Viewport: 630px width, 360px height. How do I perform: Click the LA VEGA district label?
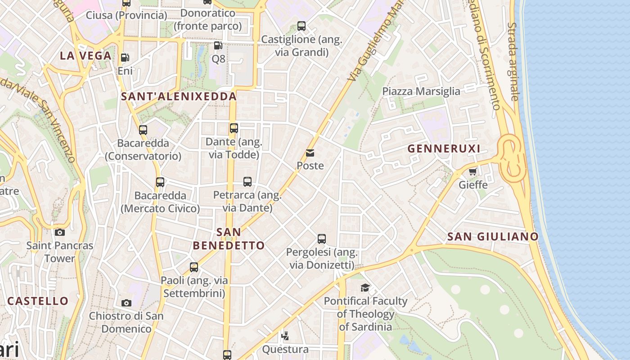click(x=85, y=56)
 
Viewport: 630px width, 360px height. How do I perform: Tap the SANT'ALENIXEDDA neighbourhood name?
click(x=179, y=96)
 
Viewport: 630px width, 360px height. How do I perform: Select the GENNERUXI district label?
click(x=444, y=148)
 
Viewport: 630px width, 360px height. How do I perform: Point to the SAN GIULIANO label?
click(x=493, y=237)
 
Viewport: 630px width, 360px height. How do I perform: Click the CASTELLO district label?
click(x=38, y=301)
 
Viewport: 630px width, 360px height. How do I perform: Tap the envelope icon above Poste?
click(x=310, y=153)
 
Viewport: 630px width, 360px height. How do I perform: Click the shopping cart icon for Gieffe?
click(x=472, y=171)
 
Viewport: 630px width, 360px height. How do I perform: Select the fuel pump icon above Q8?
click(x=218, y=45)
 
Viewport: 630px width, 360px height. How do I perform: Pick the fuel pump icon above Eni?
click(x=125, y=57)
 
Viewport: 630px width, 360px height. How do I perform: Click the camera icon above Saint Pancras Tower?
click(x=59, y=232)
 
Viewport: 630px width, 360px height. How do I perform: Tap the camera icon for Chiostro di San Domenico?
click(x=126, y=303)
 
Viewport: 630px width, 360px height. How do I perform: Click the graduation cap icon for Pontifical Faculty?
click(x=365, y=288)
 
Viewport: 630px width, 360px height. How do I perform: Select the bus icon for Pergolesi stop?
click(x=321, y=238)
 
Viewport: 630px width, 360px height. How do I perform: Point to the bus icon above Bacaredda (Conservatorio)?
click(x=143, y=130)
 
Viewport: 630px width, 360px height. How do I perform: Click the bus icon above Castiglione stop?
click(x=301, y=26)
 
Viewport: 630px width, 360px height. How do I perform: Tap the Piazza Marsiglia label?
click(x=421, y=91)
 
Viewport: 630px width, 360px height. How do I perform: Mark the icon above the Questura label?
click(x=285, y=335)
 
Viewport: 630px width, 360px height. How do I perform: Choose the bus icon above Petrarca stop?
click(x=247, y=181)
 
